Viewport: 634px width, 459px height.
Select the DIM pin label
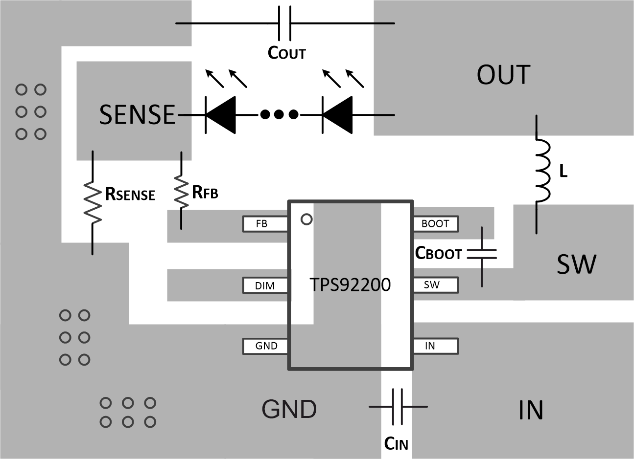coord(264,285)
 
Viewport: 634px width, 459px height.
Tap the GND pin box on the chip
coord(266,346)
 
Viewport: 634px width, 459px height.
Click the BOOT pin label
coord(435,224)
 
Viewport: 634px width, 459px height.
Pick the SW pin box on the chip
coord(435,285)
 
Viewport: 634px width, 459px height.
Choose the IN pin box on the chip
coord(435,346)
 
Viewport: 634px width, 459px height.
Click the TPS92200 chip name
coord(350,284)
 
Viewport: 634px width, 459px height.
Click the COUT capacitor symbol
coord(284,23)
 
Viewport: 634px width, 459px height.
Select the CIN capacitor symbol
coord(398,406)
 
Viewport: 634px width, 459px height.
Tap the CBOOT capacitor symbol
coord(482,254)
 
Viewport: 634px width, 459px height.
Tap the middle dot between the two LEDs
coord(279,115)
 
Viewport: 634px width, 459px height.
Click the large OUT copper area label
coord(503,75)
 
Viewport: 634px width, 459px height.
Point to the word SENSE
coord(137,115)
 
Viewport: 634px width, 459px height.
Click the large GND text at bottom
coord(289,409)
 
